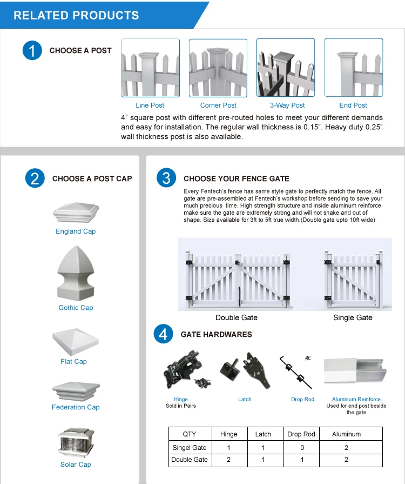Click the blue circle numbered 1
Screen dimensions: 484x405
[x=32, y=51]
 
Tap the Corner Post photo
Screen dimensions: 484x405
[x=218, y=68]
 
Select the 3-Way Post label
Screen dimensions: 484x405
[x=287, y=105]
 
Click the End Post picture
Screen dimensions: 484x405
[x=353, y=68]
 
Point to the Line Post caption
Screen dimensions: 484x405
[x=150, y=105]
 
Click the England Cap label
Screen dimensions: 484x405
[x=76, y=231]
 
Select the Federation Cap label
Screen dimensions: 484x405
[x=76, y=407]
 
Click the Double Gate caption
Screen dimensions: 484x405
[x=237, y=317]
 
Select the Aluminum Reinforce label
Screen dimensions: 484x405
[x=356, y=399]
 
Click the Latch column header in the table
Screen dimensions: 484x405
[x=263, y=434]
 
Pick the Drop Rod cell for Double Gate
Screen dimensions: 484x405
[x=301, y=460]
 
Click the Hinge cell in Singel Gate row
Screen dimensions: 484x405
[x=229, y=447]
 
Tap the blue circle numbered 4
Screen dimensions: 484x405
[x=164, y=334]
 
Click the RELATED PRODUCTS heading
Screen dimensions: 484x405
[x=76, y=15]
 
